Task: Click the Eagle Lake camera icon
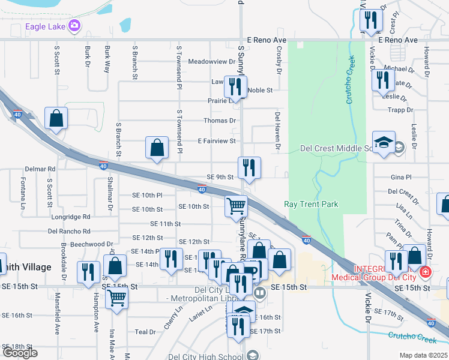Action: (x=74, y=25)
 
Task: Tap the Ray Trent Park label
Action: (x=311, y=205)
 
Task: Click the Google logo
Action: (x=20, y=353)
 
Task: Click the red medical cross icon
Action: (x=426, y=272)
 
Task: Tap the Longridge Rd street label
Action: (x=70, y=217)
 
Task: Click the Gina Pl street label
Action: (x=401, y=178)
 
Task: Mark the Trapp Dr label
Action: (x=401, y=110)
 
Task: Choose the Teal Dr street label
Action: (x=145, y=332)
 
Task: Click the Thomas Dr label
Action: (x=220, y=121)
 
